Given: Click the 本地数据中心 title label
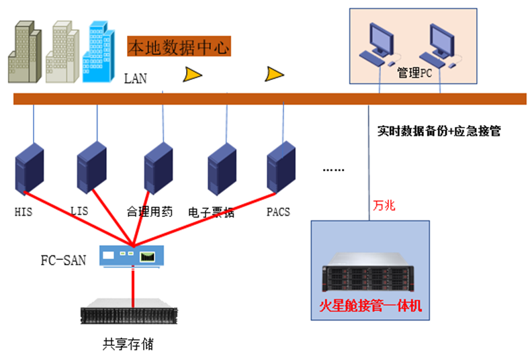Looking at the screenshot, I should pyautogui.click(x=179, y=48).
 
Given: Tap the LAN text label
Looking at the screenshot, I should pyautogui.click(x=135, y=79).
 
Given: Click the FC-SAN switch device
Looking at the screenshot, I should pyautogui.click(x=132, y=255).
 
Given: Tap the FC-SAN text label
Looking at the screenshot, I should pyautogui.click(x=63, y=260).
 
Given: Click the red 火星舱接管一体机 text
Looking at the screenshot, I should pyautogui.click(x=371, y=306).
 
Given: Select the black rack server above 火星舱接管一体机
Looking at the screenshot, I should pyautogui.click(x=371, y=275).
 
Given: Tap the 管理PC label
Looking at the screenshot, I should pyautogui.click(x=414, y=73).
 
